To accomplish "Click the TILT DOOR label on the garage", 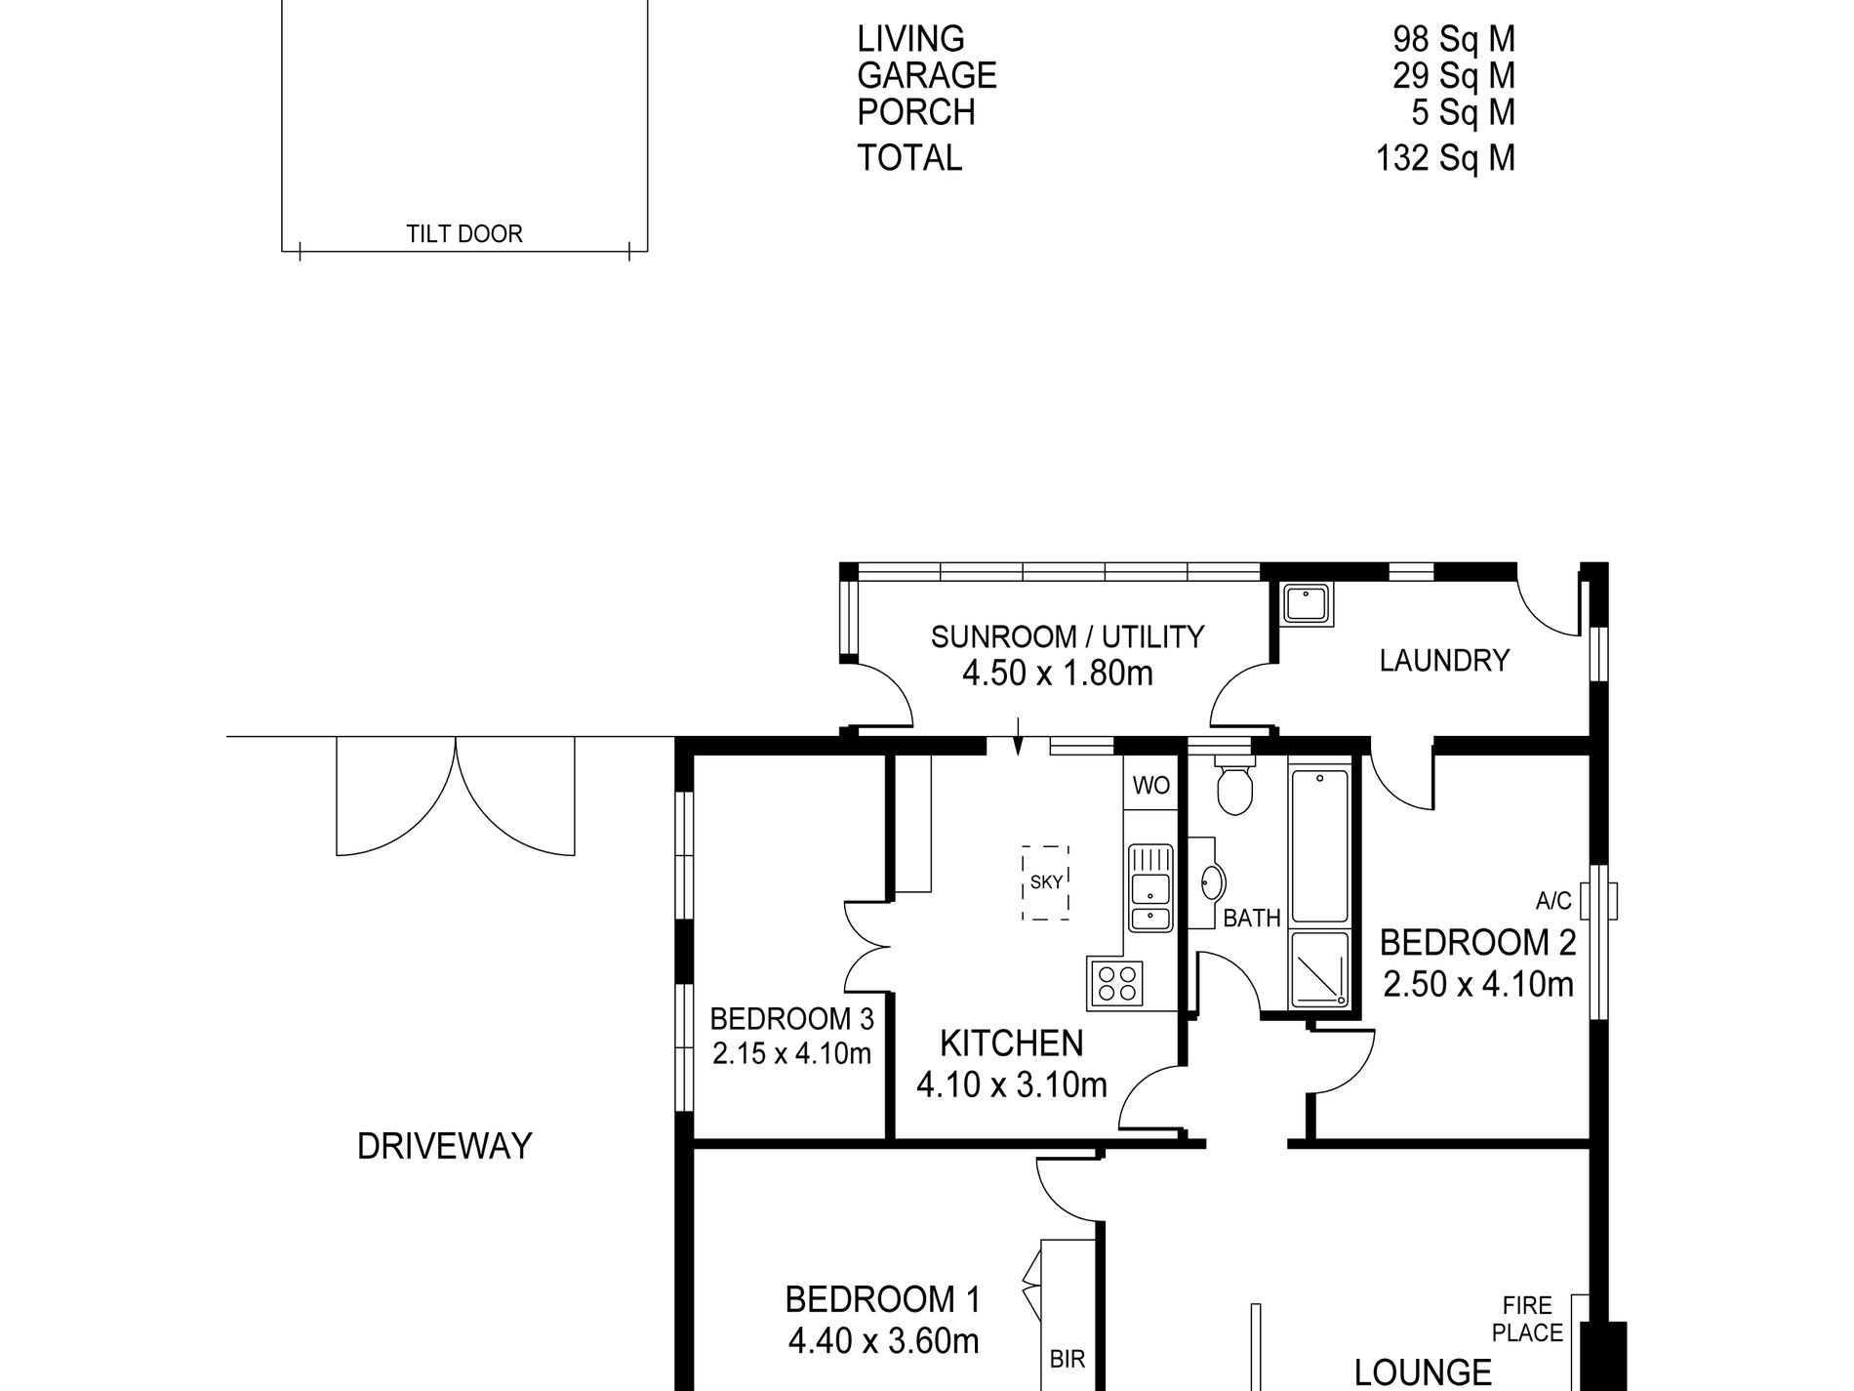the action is pos(464,234).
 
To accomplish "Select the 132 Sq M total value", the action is pos(1445,157).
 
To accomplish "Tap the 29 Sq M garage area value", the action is pos(1454,75).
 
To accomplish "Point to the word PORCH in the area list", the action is pos(916,112).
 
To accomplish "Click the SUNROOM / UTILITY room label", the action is pos(1068,637).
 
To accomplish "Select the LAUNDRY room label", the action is pos(1444,661).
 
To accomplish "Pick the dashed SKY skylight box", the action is pos(1045,882).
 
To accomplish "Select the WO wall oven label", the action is pos(1151,786).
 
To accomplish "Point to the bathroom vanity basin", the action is pos(1211,882).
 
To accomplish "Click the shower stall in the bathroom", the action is pos(1320,969).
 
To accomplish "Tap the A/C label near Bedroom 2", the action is pos(1553,901).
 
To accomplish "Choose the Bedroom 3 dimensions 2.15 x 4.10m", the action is pos(791,1054).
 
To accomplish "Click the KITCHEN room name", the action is pos(1011,1043).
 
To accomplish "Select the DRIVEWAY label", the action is pos(445,1146).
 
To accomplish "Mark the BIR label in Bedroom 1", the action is pos(1068,1359).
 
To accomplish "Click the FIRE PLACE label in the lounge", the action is pos(1528,1318).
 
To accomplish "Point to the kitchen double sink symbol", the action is pos(1150,887).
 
